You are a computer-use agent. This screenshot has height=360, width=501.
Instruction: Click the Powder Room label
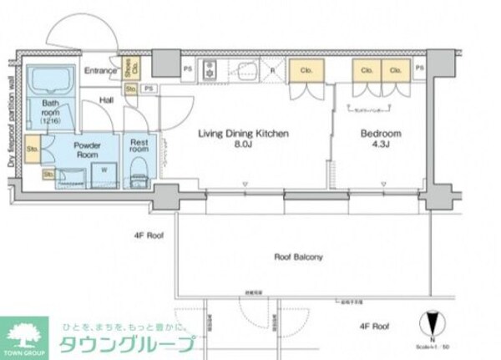(87, 150)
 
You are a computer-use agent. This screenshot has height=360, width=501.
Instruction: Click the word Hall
(108, 100)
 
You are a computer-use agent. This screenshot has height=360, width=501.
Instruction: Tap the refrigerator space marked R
(272, 71)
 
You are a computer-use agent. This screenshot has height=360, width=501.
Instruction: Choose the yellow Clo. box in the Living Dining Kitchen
(306, 72)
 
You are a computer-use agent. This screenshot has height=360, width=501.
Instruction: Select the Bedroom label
(381, 133)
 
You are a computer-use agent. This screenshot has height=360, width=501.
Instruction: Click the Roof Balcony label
(298, 257)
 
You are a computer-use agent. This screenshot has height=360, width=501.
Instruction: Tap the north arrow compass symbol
(429, 323)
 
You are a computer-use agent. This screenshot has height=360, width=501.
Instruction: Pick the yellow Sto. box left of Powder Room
(33, 150)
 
